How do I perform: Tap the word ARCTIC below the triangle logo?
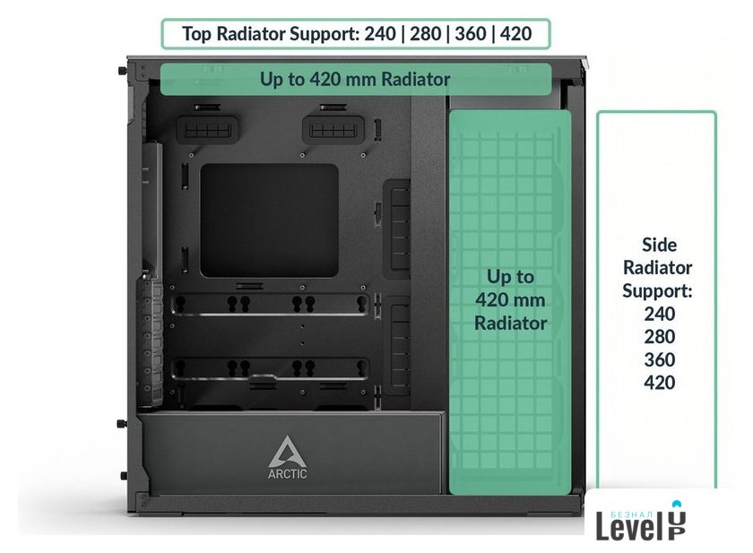pos(287,474)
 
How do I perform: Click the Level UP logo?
pos(641,521)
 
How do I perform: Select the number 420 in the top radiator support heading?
pos(515,33)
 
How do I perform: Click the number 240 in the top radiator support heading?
pos(380,33)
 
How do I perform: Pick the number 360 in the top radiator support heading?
pos(471,33)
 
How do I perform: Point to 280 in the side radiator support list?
pos(660,336)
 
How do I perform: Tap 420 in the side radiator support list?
pos(660,383)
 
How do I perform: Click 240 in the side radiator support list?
pos(660,314)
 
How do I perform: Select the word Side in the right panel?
pos(660,245)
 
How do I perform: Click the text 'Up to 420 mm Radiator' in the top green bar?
pos(355,79)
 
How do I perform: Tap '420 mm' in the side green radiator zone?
pos(510,300)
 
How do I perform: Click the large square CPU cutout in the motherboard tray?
pos(269,220)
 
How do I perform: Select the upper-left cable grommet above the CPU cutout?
pos(207,130)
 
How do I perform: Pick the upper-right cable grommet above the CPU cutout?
pos(333,130)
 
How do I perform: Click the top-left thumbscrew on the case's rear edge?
pos(123,71)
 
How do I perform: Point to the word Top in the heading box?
pos(197,34)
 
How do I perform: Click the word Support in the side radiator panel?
pos(657,291)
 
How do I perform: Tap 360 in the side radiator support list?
pos(660,359)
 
